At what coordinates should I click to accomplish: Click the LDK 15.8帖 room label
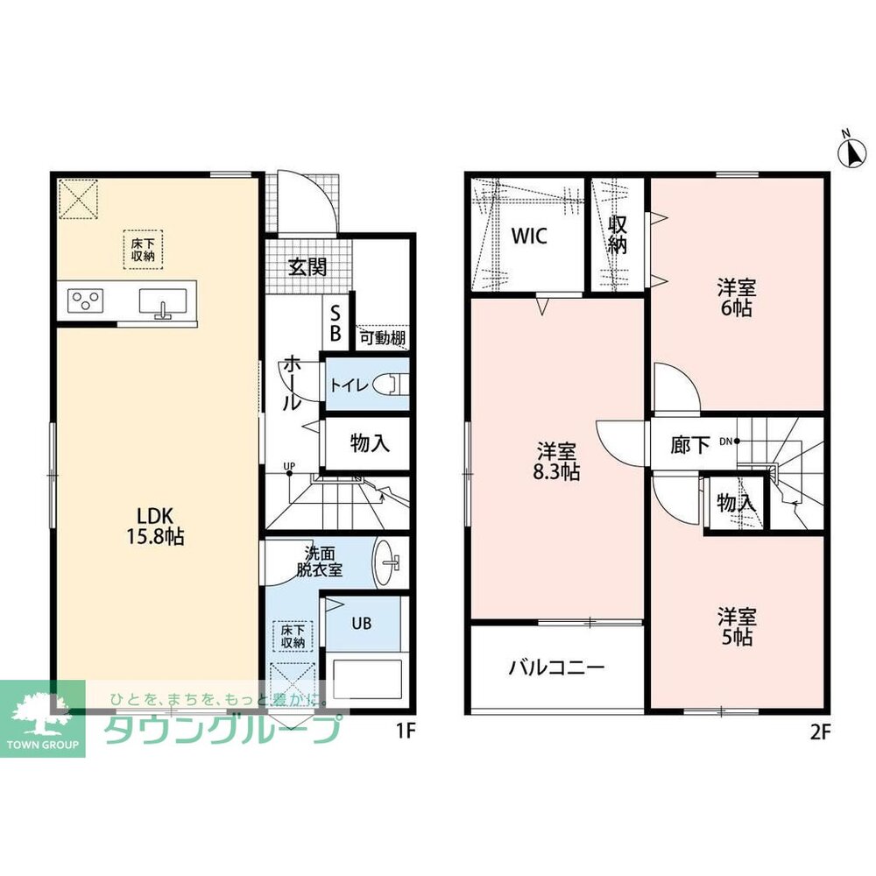pos(155,525)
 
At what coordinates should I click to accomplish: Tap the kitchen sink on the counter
pos(163,304)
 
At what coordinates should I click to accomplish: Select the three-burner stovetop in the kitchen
pos(86,300)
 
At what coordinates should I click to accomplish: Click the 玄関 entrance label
pos(307,267)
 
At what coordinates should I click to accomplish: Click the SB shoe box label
pos(336,322)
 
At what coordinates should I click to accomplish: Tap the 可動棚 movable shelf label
pos(383,338)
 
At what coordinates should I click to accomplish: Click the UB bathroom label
pos(362,623)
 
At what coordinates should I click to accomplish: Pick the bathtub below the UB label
pos(368,679)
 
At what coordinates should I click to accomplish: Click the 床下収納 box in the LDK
pos(143,250)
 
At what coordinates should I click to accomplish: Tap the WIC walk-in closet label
pos(530,237)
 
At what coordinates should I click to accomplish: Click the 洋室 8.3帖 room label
pos(556,461)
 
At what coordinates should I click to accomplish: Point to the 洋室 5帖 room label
pos(737,627)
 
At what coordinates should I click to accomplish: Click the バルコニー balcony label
pos(556,668)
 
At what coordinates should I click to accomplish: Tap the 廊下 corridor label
pos(690,445)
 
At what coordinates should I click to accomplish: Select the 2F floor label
pos(821,732)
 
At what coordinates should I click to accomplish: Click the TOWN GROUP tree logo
pos(43,718)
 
